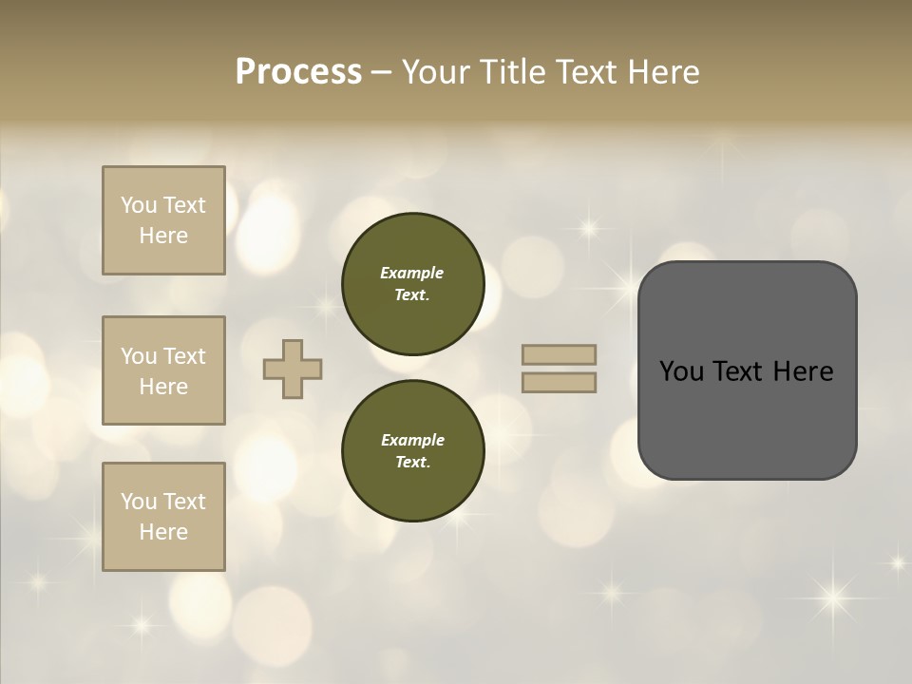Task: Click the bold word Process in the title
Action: coord(298,72)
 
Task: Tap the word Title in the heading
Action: coord(510,72)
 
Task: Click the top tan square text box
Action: coord(163,220)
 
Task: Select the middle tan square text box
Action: coord(163,370)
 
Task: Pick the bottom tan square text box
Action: coord(163,516)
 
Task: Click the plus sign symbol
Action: coord(293,369)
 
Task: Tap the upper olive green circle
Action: coord(412,284)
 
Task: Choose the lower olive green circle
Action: coord(412,451)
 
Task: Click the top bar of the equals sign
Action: coord(559,354)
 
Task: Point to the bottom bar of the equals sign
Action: coord(559,382)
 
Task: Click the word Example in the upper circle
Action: coord(412,274)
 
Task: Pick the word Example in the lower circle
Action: coord(412,441)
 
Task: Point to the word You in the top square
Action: coord(139,205)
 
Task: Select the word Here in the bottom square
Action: coord(163,532)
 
